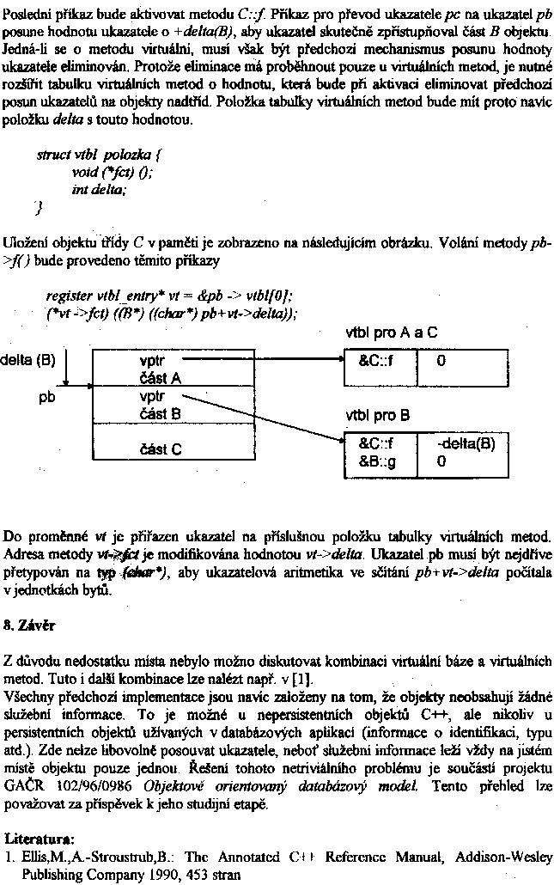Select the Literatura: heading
coord(39,836)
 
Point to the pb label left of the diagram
coord(46,398)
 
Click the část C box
coord(161,449)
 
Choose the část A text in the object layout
coord(159,377)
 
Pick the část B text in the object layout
coord(159,413)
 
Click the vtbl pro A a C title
coord(391,332)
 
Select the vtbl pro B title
coord(377,415)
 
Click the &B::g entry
coord(377,461)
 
